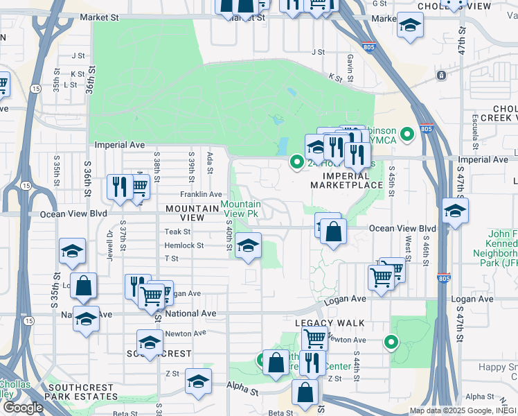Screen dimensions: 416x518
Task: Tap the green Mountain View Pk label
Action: (241, 209)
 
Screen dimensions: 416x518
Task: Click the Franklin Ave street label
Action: (201, 194)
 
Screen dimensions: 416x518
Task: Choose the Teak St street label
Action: (177, 232)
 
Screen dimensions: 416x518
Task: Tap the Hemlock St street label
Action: (184, 245)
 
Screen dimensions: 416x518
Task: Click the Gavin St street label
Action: (351, 67)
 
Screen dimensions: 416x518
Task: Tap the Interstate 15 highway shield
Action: (25, 185)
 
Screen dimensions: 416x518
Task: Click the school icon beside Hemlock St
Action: (247, 245)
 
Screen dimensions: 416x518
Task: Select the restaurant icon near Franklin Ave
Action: (120, 187)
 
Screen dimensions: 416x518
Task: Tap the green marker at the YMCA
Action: (408, 133)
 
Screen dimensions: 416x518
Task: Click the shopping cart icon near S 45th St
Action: (382, 277)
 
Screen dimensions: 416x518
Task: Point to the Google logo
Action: (22, 408)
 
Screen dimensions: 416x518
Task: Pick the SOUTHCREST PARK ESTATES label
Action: (82, 397)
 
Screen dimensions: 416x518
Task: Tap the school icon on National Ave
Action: (86, 319)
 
